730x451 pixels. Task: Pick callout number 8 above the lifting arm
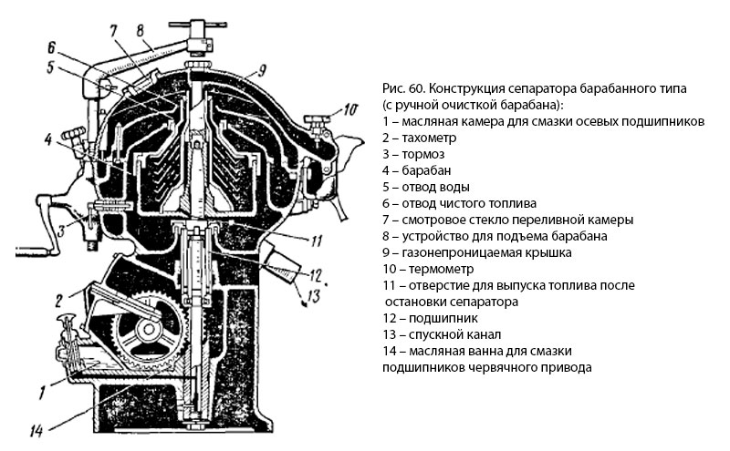click(x=140, y=30)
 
